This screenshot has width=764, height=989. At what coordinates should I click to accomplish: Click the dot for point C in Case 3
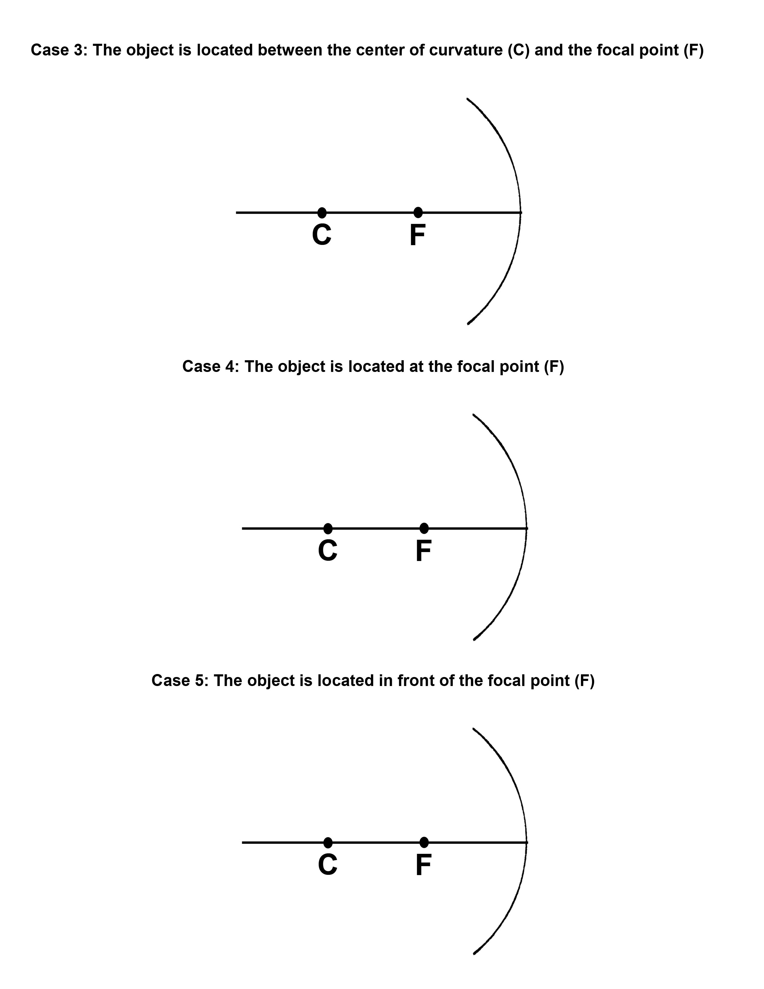coord(322,212)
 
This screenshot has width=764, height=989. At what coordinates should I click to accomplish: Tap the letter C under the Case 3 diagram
coord(322,235)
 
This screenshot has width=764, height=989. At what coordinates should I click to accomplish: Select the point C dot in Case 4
coord(328,528)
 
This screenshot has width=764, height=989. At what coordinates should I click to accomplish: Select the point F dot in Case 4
coord(424,528)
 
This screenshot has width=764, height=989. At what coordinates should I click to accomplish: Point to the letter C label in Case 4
coord(328,551)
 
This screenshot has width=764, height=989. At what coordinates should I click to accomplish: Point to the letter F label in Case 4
coord(423,551)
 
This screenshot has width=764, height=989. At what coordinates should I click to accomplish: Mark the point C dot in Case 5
coord(328,843)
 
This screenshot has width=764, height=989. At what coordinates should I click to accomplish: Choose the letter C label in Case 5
coord(328,866)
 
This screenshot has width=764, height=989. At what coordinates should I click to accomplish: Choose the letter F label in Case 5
coord(423,866)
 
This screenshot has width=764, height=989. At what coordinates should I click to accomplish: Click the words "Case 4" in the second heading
coord(209,366)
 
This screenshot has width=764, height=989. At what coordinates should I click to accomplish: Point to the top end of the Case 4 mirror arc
coord(473,414)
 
